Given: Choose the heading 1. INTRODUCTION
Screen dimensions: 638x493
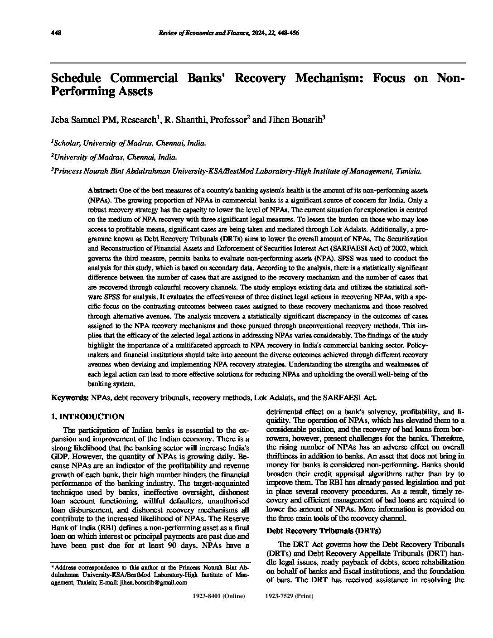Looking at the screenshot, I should coord(87,416).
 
